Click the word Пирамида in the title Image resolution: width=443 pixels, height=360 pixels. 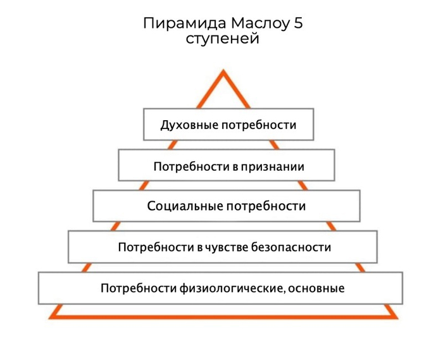(185, 23)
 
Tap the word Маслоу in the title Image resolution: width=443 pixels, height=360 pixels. (260, 23)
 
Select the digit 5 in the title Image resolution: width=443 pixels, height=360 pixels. (298, 23)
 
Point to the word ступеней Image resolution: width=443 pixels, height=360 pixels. (222, 39)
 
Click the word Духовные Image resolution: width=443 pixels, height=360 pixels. (189, 125)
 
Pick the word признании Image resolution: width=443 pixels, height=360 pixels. (272, 166)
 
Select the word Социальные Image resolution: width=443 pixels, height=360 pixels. (185, 206)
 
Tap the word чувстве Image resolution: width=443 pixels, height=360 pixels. (227, 247)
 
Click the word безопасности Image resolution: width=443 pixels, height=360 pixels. (291, 247)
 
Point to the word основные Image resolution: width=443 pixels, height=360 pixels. (316, 289)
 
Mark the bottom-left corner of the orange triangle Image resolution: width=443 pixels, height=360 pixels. (49, 319)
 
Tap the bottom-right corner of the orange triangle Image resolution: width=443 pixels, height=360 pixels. (398, 319)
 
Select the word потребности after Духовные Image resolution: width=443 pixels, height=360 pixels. (258, 125)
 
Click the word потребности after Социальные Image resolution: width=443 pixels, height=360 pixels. (266, 206)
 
